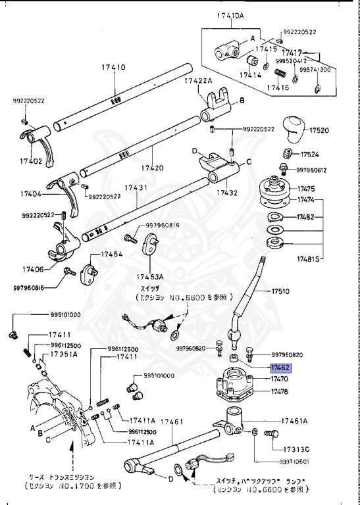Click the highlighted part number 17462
tap(285, 370)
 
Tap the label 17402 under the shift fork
tap(31, 160)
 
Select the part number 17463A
tap(151, 277)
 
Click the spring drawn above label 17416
tap(279, 72)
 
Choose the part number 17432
tap(228, 193)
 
